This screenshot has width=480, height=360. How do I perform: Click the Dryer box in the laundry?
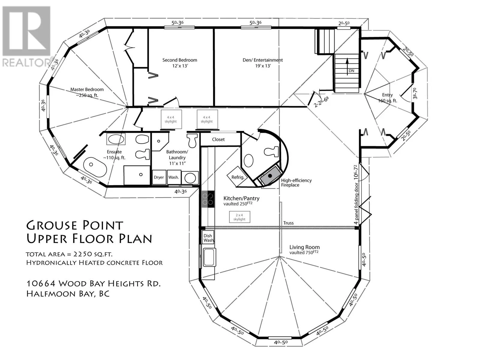click(159, 177)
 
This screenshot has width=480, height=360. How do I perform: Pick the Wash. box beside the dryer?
click(174, 177)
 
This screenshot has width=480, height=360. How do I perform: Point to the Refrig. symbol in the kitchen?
click(238, 177)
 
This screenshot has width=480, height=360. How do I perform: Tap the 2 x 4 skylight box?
click(239, 217)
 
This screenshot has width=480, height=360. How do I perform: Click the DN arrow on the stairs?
click(347, 67)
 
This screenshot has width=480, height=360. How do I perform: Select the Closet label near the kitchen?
click(218, 139)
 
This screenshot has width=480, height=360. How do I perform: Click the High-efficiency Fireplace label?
click(296, 183)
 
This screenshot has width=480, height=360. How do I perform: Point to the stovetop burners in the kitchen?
click(207, 199)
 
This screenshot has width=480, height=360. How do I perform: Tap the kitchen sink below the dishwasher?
click(209, 257)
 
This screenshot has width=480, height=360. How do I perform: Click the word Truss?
click(288, 223)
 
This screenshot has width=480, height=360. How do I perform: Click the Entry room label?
click(387, 95)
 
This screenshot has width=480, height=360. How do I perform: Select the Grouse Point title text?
click(75, 226)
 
